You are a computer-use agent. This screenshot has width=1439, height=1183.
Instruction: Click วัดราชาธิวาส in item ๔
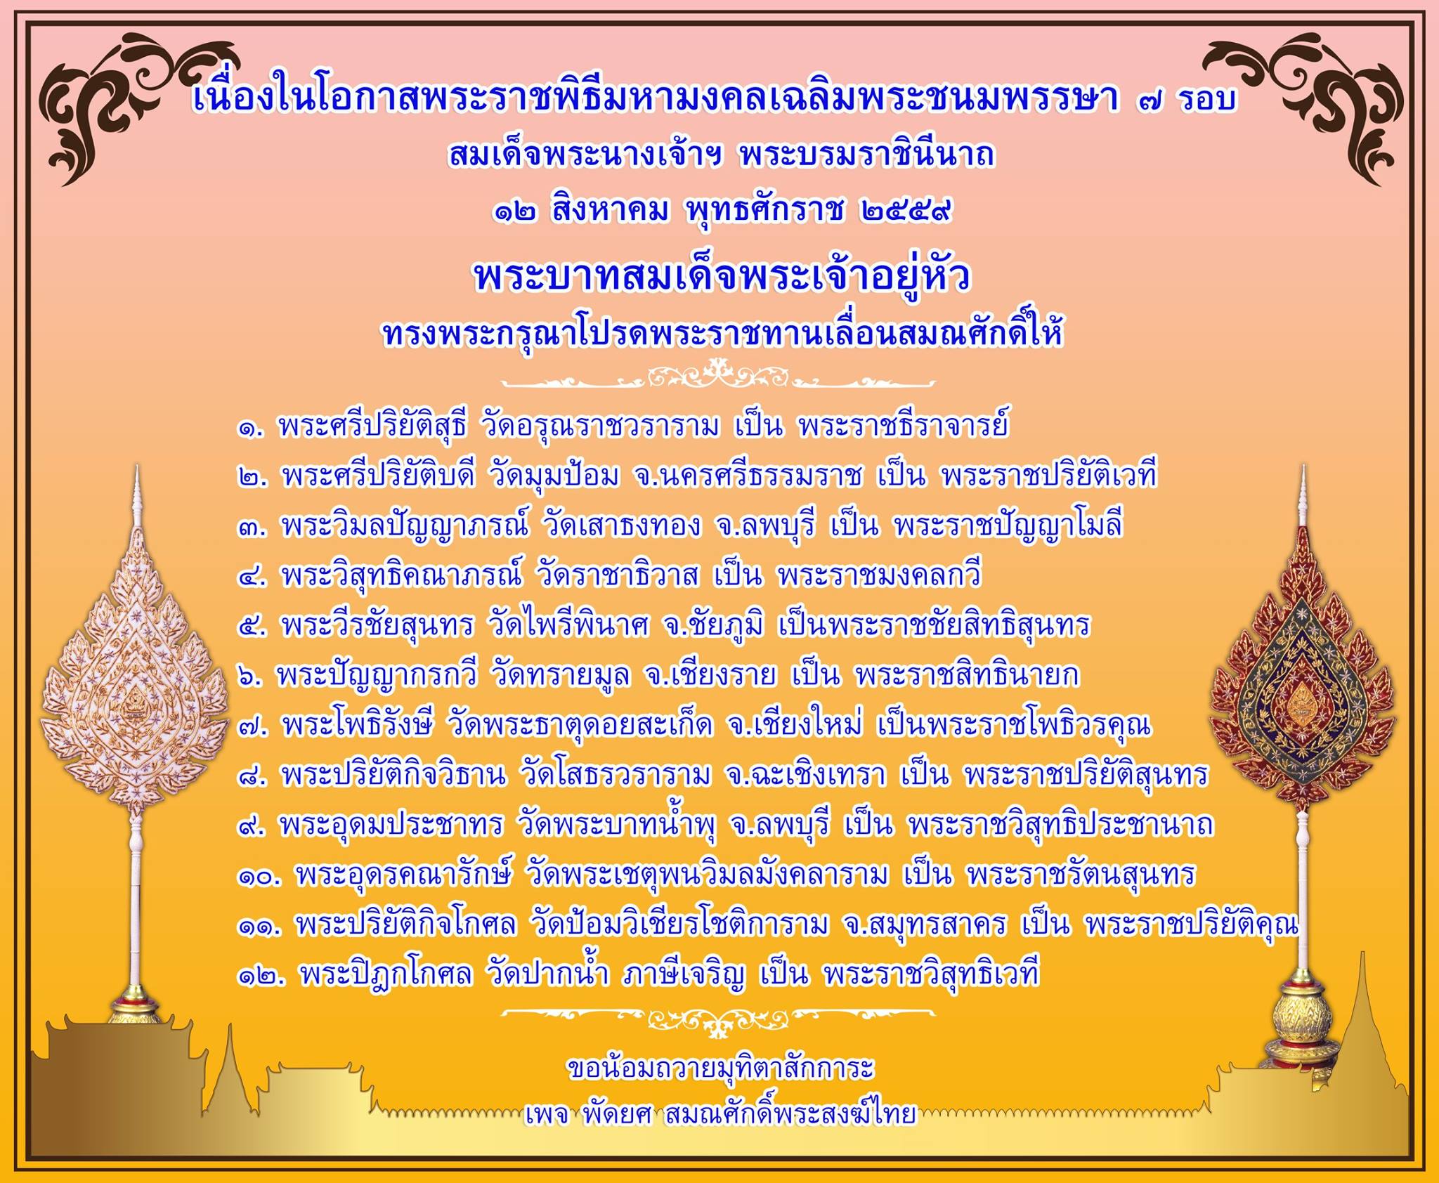(x=618, y=576)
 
